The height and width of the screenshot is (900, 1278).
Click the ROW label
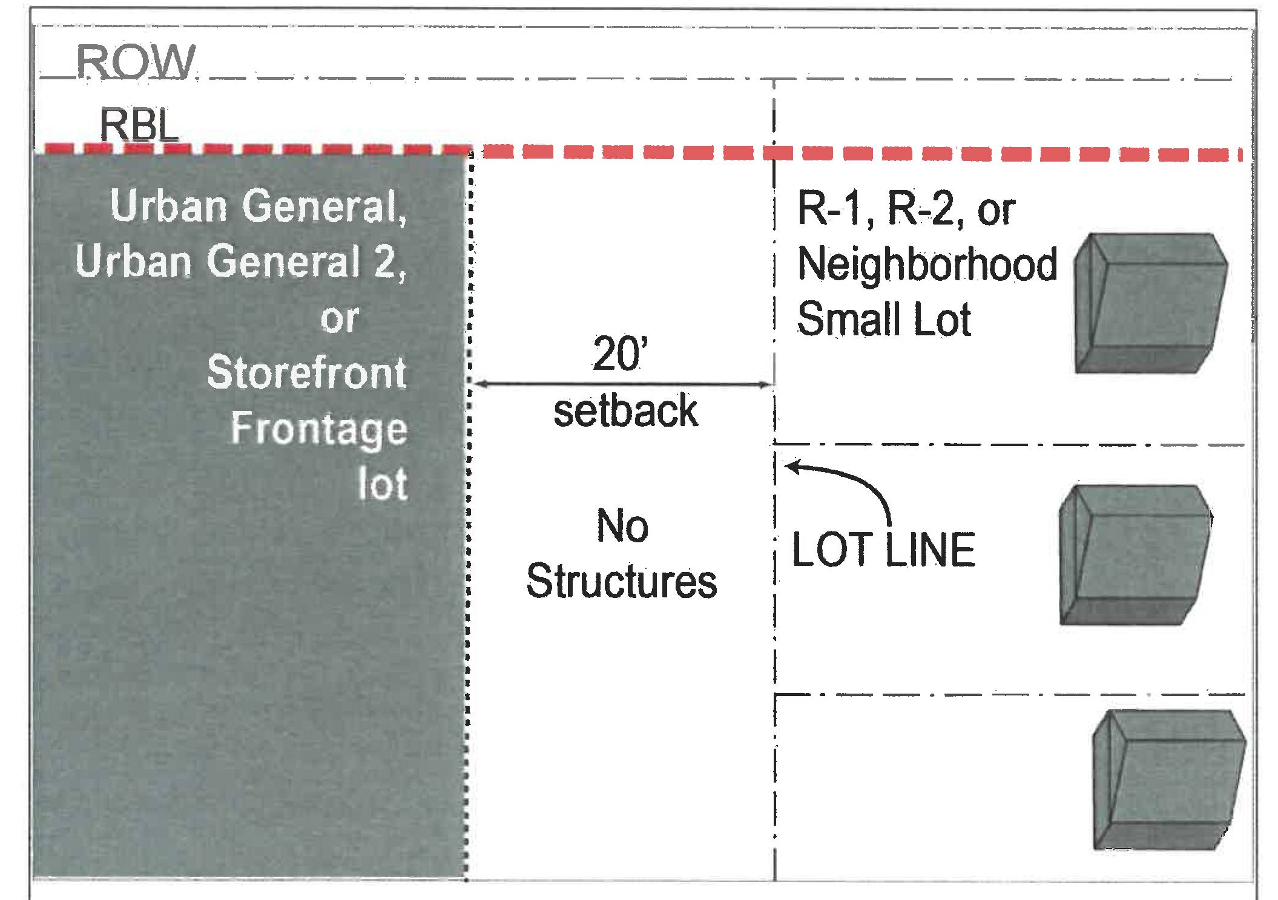pos(136,62)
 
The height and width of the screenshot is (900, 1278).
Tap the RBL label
pos(139,125)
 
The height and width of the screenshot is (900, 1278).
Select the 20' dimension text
pos(621,353)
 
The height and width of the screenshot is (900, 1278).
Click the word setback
pos(625,411)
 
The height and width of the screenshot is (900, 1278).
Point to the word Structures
pos(622,582)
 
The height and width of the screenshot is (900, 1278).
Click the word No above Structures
pos(622,525)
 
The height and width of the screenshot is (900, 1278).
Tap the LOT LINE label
pos(883,550)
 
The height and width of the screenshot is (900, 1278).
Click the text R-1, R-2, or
pos(906,209)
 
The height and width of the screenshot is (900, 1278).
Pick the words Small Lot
pos(884,320)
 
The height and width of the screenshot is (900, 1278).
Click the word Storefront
pos(306,372)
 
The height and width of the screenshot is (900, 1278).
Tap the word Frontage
pos(319,429)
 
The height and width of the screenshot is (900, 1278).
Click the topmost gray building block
pos(1150,303)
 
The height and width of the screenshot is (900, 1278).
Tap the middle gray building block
pos(1135,554)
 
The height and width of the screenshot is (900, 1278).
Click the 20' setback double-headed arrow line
pos(624,384)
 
